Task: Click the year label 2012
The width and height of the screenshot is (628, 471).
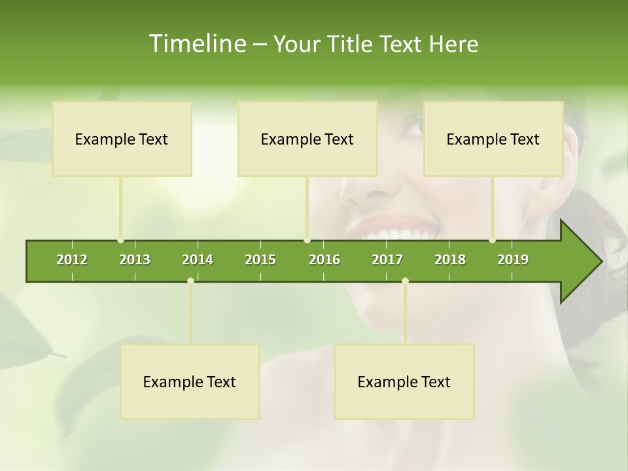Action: (x=72, y=260)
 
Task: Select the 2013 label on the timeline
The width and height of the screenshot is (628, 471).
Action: (x=135, y=260)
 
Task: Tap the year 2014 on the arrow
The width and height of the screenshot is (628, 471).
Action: (x=198, y=260)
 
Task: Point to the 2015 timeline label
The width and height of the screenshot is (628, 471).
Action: (x=260, y=260)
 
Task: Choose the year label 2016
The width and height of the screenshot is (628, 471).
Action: (x=324, y=260)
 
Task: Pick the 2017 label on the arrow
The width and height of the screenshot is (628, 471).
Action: (x=387, y=260)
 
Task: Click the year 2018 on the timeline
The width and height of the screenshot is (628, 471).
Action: (x=450, y=260)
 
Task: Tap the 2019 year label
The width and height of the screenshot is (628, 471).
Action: (x=513, y=260)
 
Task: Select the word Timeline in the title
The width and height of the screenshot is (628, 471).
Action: (x=197, y=44)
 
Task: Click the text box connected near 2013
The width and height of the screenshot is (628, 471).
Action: (x=122, y=139)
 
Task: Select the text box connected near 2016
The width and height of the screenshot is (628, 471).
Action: (x=307, y=139)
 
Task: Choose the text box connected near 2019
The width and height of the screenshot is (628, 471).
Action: (x=493, y=139)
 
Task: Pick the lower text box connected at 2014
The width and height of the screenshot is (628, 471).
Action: (x=190, y=381)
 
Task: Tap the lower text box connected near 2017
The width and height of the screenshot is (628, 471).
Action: (x=404, y=381)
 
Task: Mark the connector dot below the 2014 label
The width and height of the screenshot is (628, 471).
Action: (x=190, y=281)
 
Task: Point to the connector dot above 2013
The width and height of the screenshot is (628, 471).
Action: (x=120, y=240)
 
